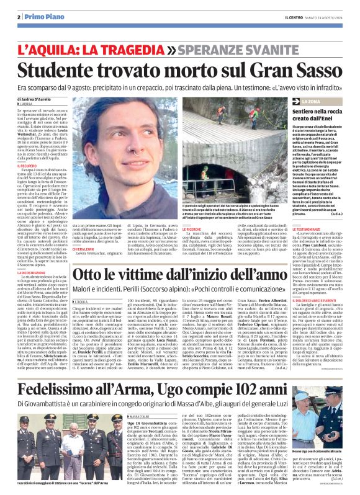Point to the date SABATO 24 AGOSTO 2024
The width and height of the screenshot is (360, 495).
[319, 17]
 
